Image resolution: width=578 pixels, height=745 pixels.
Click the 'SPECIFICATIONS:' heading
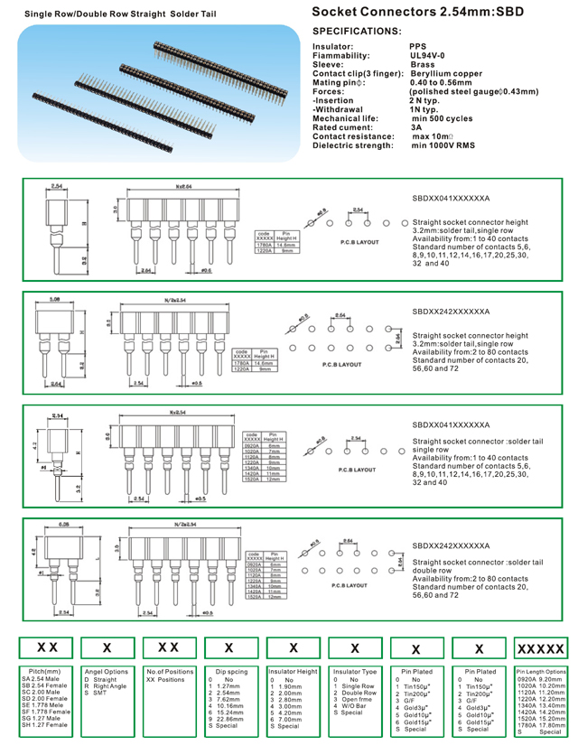pyautogui.click(x=356, y=31)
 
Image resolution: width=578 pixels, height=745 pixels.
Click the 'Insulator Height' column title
pyautogui.click(x=294, y=672)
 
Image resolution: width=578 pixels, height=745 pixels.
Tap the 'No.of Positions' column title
pyautogui.click(x=170, y=672)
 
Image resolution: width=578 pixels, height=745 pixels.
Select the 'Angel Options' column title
pyautogui.click(x=107, y=672)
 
